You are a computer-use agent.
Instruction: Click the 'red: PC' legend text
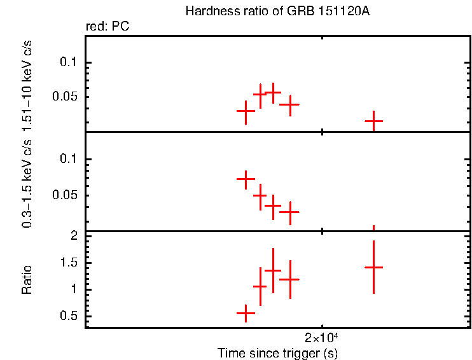point(108,27)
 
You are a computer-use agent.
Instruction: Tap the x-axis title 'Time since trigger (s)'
point(277,352)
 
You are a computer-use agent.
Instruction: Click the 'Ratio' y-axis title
point(27,279)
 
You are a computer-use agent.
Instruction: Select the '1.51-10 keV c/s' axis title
point(27,83)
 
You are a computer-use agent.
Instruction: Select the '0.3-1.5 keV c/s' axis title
point(27,181)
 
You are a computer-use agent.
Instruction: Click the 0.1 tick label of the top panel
point(68,62)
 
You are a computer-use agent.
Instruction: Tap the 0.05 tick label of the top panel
point(66,97)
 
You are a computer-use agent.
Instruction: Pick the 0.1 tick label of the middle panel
point(68,159)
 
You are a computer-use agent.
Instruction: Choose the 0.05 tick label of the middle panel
point(66,195)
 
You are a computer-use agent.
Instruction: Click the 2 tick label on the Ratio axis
point(74,235)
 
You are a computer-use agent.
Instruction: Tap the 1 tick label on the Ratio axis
point(74,289)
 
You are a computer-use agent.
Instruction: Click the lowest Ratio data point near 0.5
point(246,313)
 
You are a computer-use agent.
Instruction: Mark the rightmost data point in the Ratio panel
point(373,267)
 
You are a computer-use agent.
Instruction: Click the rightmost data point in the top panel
point(373,120)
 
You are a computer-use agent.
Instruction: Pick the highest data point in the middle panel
point(246,179)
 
